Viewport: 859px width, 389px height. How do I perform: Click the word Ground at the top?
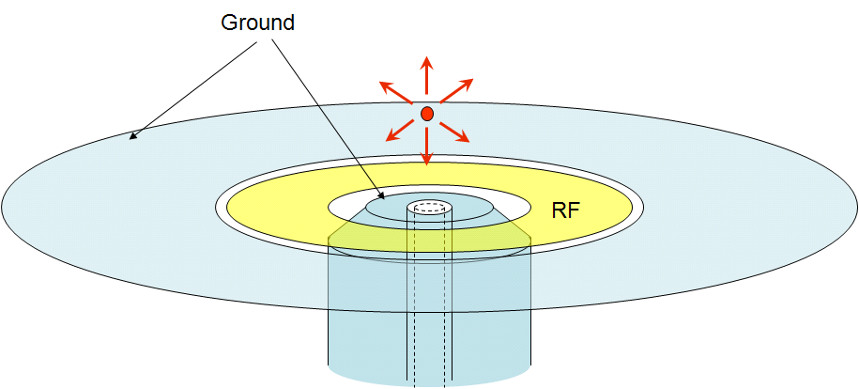(257, 22)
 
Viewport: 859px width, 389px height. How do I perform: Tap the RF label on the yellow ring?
(566, 211)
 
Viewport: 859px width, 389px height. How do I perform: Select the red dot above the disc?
(426, 114)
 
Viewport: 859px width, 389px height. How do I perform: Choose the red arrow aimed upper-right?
(458, 92)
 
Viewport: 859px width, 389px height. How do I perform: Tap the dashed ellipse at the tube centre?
(429, 207)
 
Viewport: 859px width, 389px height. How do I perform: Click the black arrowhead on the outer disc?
(133, 136)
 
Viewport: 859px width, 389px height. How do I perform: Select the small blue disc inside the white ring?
(385, 210)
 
